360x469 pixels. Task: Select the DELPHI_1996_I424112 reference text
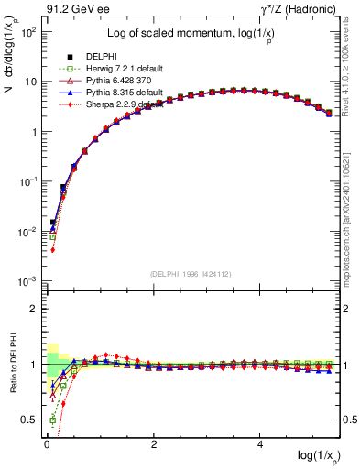[x=191, y=272]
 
